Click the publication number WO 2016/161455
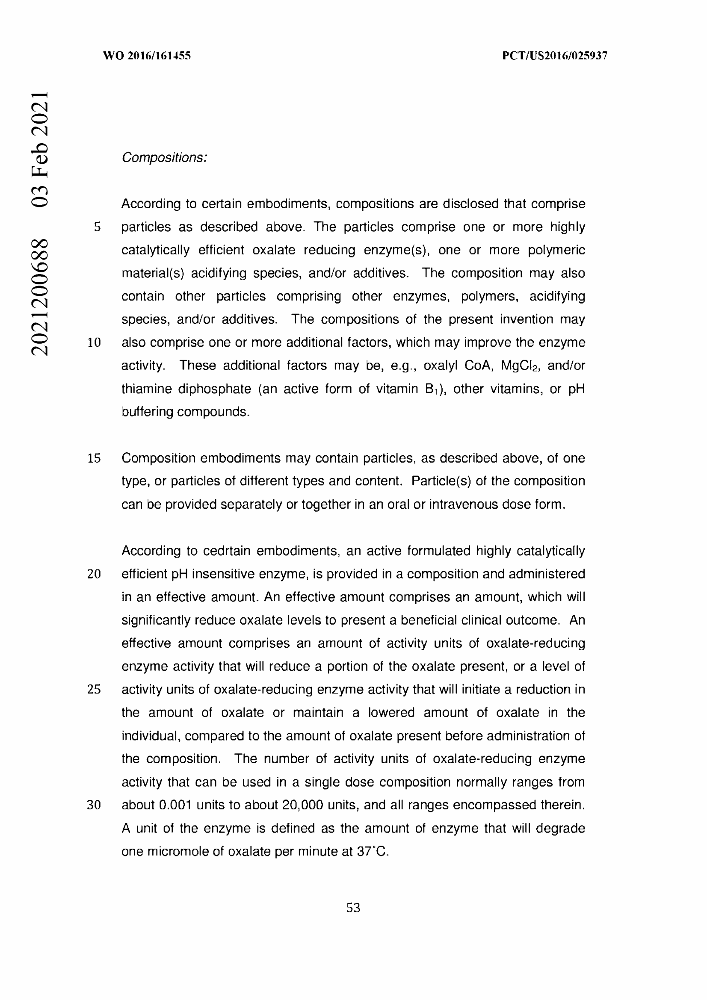(x=147, y=56)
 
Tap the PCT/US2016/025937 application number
(x=555, y=56)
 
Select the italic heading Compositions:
(x=164, y=158)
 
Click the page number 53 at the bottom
(x=353, y=908)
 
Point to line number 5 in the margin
(x=97, y=227)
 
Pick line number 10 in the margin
(x=94, y=343)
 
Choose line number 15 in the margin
(x=94, y=458)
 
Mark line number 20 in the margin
(x=94, y=574)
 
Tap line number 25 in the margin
(x=94, y=690)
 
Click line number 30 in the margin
(x=94, y=805)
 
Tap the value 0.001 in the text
(x=175, y=805)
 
